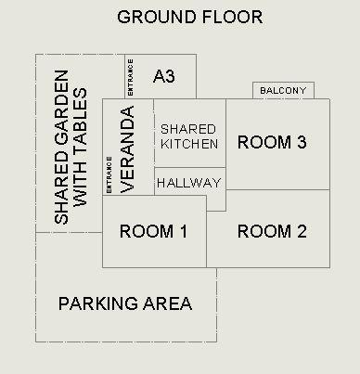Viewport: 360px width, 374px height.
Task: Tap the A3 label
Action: (164, 76)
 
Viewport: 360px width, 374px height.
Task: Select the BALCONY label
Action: (283, 91)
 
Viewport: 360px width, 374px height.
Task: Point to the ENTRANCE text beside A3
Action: (130, 77)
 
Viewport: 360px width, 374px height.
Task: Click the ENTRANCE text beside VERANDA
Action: (109, 174)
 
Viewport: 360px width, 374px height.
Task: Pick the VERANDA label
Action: (128, 149)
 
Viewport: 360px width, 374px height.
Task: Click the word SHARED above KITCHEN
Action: (188, 129)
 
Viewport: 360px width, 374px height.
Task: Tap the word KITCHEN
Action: (189, 144)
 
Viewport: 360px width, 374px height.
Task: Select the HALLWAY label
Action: (189, 183)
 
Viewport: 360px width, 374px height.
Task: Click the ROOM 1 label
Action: (153, 231)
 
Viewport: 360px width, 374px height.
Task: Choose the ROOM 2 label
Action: (272, 231)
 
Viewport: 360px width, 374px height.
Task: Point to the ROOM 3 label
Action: (272, 142)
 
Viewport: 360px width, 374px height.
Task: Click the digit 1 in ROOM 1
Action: (184, 231)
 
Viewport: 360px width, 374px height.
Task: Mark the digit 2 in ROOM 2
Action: (302, 231)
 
